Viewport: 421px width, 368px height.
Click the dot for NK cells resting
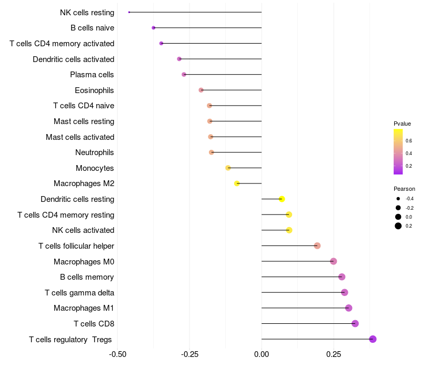(x=129, y=12)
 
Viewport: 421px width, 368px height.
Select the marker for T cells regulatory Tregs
(x=373, y=339)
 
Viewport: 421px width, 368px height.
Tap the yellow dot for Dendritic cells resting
(x=282, y=199)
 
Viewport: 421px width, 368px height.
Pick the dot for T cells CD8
(x=355, y=323)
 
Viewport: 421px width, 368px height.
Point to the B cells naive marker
(x=153, y=28)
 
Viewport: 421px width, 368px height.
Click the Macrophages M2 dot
(x=237, y=183)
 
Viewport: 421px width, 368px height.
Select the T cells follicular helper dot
(x=317, y=246)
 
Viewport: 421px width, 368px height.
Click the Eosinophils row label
(x=94, y=90)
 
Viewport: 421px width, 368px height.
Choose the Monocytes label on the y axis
(x=95, y=168)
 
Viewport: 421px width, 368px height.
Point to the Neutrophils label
(x=95, y=152)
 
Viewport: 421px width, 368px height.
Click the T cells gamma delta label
(x=79, y=293)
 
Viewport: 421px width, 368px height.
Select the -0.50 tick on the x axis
(x=118, y=354)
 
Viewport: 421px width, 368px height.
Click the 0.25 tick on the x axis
(x=333, y=354)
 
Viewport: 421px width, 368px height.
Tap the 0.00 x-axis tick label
(x=262, y=354)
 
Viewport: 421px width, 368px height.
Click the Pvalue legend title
(x=402, y=124)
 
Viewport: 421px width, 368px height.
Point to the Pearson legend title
(x=404, y=189)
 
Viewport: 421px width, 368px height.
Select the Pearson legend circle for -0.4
(x=398, y=199)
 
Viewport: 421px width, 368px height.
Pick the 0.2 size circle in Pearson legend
(x=398, y=226)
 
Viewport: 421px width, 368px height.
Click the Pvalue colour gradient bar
(x=398, y=151)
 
